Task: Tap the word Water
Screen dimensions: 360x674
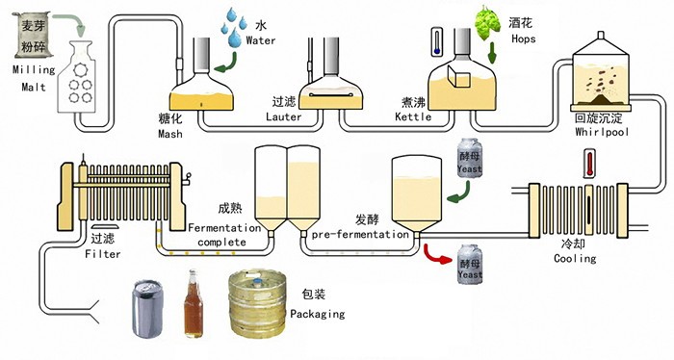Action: point(261,41)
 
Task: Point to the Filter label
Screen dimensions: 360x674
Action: point(102,254)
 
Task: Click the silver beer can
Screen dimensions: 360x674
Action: point(147,308)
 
